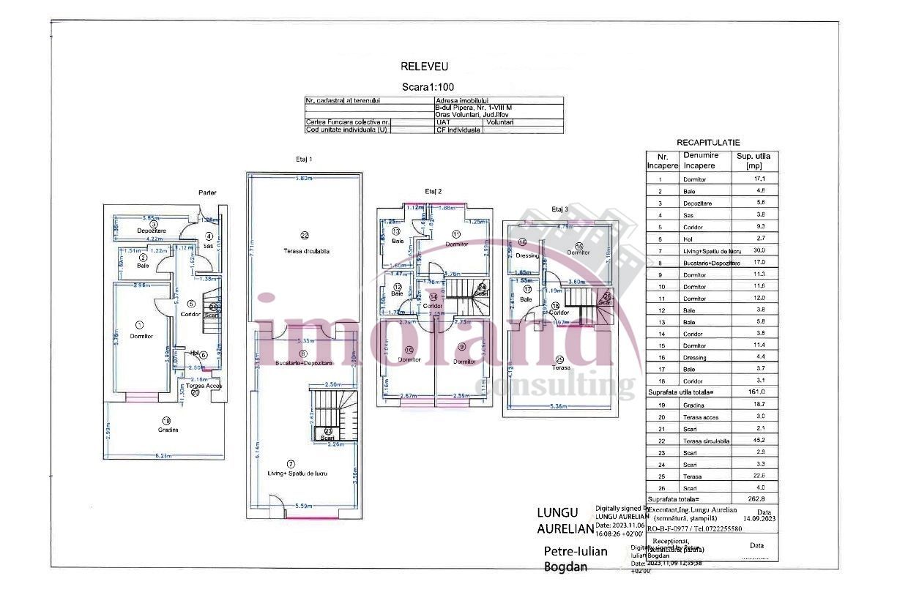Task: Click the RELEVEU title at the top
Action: click(x=424, y=67)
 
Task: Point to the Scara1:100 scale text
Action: click(x=425, y=87)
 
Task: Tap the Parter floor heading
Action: click(x=207, y=192)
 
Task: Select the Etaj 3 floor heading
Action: click(x=559, y=209)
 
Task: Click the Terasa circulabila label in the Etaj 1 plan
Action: click(x=307, y=251)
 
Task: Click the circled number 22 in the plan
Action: click(x=305, y=235)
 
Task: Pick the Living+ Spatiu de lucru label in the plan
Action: click(x=297, y=474)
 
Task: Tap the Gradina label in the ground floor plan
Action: click(x=168, y=430)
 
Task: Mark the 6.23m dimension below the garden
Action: click(x=163, y=455)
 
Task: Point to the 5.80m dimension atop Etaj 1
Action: click(x=304, y=179)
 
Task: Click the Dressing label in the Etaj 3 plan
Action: click(x=526, y=256)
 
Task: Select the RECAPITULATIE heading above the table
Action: click(x=708, y=143)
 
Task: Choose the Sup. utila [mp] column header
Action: click(x=753, y=161)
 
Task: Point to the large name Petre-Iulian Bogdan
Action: click(x=576, y=558)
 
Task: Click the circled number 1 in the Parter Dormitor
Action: click(x=140, y=324)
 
